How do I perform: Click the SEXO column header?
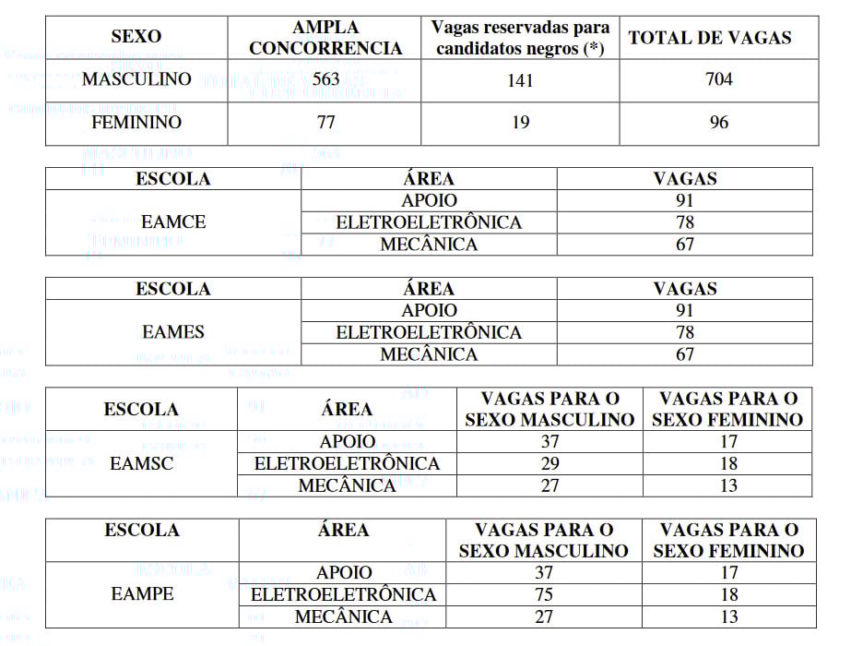136,37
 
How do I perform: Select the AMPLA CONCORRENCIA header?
325,38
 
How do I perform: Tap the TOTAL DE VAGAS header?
709,38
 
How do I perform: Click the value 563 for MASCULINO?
325,79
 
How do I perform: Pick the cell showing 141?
520,81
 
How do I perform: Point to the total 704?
718,79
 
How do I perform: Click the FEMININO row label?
137,122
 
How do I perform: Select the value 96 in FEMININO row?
718,123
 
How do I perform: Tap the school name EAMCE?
173,222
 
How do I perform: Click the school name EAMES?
173,332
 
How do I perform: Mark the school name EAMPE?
142,594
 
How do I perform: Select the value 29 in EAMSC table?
550,464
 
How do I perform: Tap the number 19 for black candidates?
520,123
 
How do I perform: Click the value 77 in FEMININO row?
325,122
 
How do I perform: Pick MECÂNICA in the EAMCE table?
429,245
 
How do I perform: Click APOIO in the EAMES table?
429,311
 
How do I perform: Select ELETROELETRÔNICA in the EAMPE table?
343,594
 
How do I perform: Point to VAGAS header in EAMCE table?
684,179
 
